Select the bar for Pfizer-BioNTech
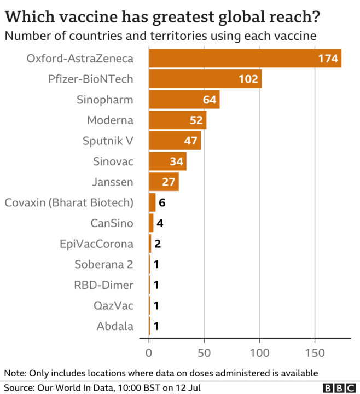[205, 79]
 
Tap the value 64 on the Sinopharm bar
[210, 100]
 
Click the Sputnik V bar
[175, 141]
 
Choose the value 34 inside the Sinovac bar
[176, 161]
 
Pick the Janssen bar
[164, 182]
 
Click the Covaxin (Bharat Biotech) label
[69, 202]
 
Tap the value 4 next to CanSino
[159, 223]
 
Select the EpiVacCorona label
[97, 244]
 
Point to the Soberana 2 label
[104, 264]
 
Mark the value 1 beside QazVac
[156, 306]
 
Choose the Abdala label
[115, 326]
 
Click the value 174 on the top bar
[328, 59]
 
